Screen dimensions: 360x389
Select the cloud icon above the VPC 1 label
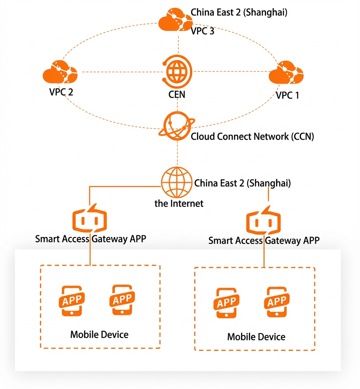point(286,72)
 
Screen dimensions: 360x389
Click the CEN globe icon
point(177,72)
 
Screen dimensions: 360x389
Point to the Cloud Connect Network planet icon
point(177,126)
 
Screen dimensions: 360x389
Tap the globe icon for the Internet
point(177,182)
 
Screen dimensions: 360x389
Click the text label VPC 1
point(287,95)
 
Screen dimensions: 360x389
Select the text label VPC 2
point(61,92)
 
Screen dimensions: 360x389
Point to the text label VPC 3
point(202,31)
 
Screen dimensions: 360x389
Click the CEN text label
point(177,94)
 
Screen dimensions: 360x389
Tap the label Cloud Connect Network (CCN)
point(252,136)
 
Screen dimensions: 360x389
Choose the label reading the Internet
point(179,204)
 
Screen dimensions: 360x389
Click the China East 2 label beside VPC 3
point(239,12)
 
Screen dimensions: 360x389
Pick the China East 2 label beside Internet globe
point(242,183)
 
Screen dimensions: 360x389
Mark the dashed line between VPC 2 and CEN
point(121,72)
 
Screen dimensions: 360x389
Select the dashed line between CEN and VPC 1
point(231,71)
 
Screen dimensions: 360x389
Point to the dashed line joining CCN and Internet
point(177,153)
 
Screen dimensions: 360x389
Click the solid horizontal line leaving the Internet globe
point(125,186)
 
